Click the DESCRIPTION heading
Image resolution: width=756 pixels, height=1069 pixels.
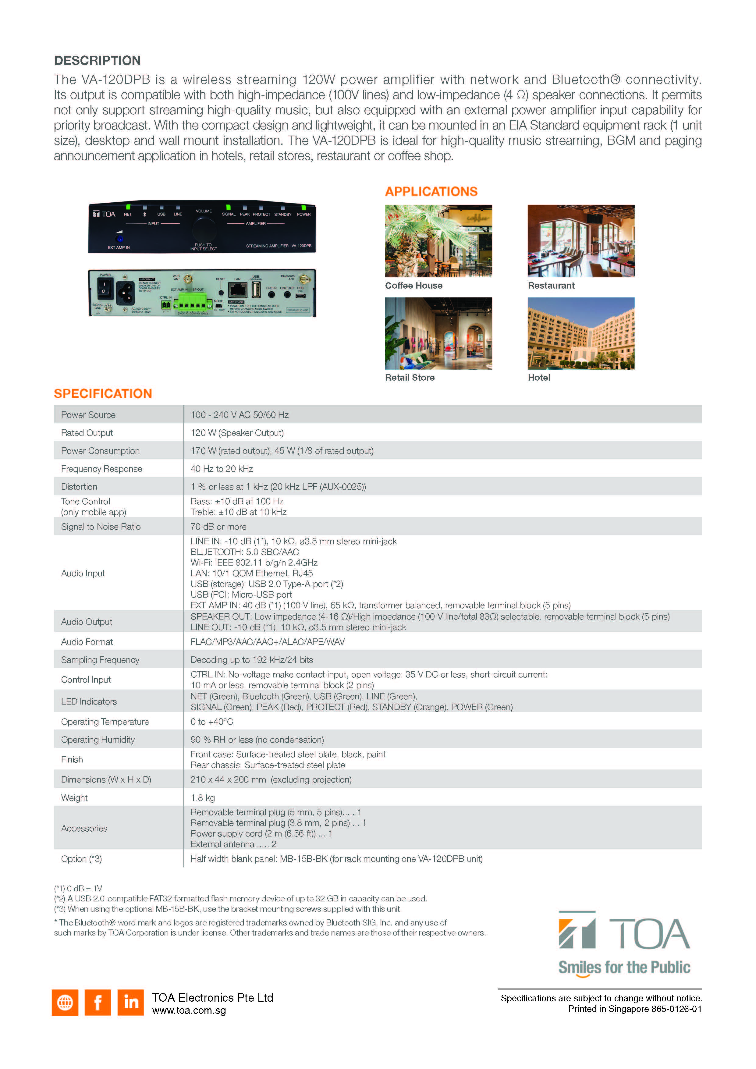coord(97,61)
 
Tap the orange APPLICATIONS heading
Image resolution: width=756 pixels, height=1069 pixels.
coord(431,191)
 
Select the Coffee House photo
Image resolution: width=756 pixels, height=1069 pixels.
coord(438,241)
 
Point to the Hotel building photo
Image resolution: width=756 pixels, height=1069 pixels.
coord(580,333)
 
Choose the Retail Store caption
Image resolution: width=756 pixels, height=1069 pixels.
coord(410,378)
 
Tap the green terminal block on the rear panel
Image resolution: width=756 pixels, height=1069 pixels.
coord(190,305)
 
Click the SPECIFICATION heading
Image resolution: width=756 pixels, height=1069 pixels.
coord(103,393)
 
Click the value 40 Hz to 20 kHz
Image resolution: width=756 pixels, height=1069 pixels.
coord(222,469)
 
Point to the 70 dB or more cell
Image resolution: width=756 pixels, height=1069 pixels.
coord(218,527)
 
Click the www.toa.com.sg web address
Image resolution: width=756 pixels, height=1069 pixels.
coord(189,1011)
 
